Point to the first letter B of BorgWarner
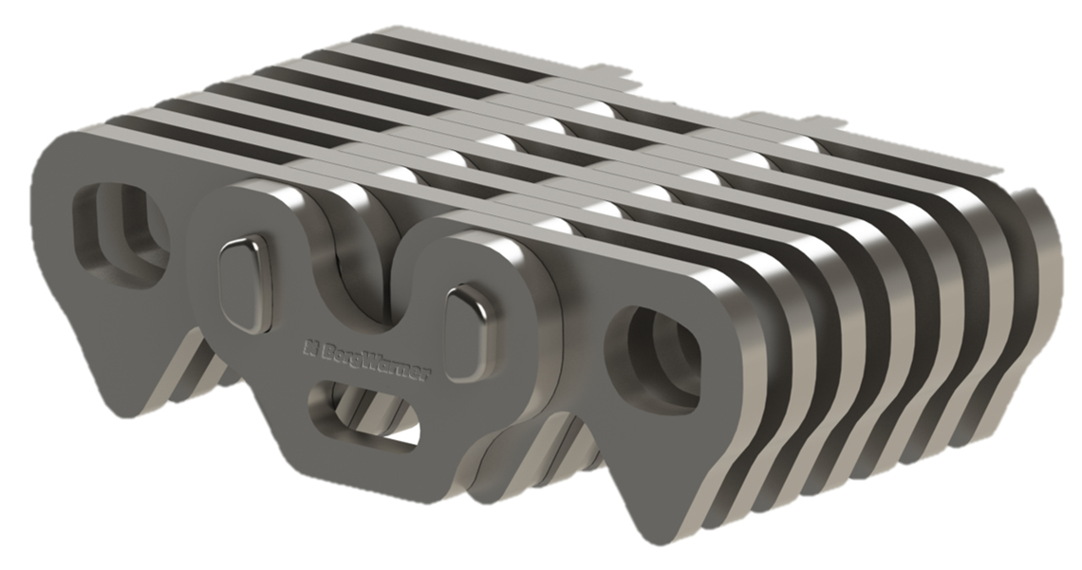pyautogui.click(x=325, y=348)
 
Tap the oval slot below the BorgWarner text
pyautogui.click(x=364, y=417)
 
